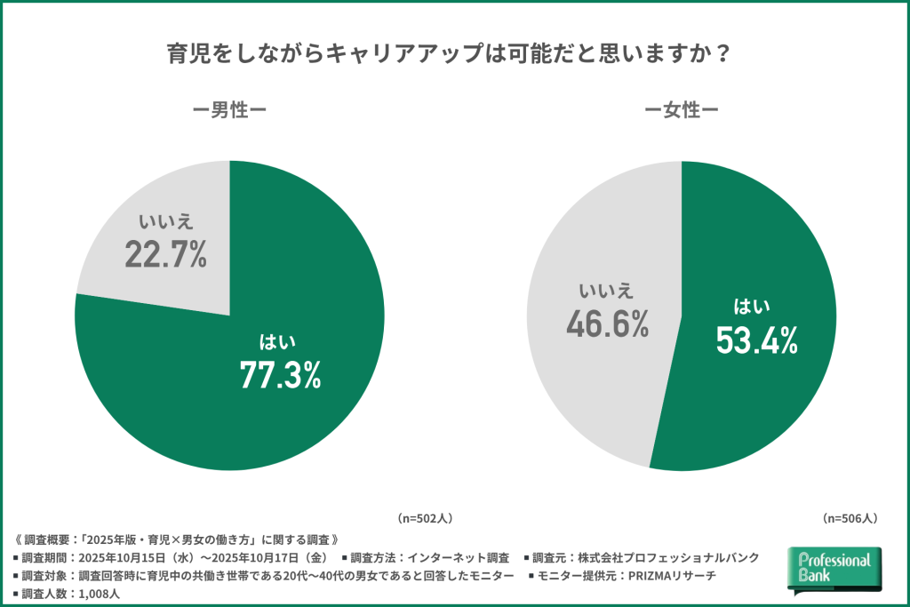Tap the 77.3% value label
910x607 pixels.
pos(280,375)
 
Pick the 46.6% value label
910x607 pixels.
pos(607,323)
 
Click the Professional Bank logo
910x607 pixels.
pos(834,569)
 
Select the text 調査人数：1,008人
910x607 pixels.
pos(67,594)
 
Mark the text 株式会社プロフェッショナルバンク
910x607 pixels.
pos(668,557)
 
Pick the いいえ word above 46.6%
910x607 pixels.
pos(606,291)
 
